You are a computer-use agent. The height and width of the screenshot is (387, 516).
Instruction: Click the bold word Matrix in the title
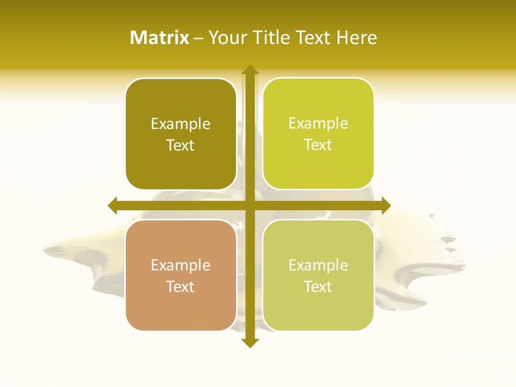click(x=160, y=38)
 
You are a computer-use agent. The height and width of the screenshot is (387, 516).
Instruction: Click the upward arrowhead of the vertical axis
click(x=249, y=69)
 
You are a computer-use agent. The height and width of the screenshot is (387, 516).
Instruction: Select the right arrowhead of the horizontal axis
click(x=385, y=205)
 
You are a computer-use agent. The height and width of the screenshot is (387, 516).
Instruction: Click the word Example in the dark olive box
click(x=181, y=124)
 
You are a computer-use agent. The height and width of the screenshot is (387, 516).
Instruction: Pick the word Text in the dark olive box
click(x=181, y=146)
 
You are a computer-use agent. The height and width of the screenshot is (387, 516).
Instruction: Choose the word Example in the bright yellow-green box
click(x=318, y=124)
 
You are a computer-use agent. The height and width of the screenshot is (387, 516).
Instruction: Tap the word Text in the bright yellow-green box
click(x=318, y=145)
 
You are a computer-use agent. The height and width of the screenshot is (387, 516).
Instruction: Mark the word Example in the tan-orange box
click(x=181, y=266)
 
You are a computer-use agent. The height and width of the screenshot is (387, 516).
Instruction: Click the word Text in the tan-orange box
click(x=181, y=287)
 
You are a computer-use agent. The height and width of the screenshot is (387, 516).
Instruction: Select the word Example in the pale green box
click(x=318, y=266)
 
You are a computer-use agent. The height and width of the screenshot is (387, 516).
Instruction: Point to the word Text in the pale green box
click(x=318, y=287)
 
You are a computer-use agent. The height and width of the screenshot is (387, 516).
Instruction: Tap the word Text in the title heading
click(x=313, y=38)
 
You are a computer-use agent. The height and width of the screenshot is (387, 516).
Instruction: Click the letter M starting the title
click(x=139, y=38)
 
